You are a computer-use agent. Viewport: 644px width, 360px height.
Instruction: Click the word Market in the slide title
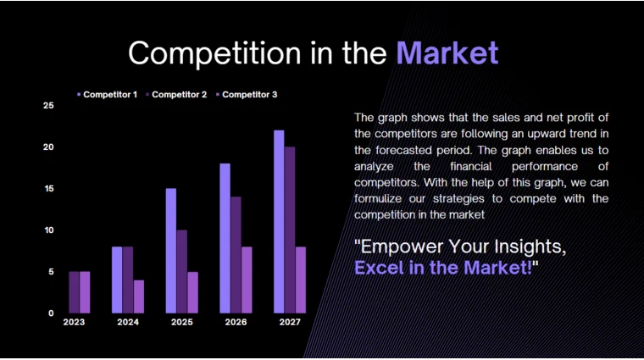click(447, 53)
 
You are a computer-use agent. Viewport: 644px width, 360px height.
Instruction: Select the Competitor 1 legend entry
click(109, 94)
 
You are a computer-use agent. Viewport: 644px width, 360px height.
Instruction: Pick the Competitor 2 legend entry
click(179, 94)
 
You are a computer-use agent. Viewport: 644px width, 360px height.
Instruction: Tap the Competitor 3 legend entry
click(249, 94)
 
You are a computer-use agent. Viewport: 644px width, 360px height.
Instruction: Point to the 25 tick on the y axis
click(48, 106)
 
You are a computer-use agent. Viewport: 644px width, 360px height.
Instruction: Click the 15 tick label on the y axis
click(48, 189)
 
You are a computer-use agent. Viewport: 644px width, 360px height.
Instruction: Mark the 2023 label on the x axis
click(74, 322)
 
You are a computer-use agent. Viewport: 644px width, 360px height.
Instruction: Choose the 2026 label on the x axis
click(236, 322)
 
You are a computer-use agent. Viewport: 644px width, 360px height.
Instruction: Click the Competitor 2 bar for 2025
click(181, 271)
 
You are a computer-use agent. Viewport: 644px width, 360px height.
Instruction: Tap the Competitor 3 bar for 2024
click(139, 296)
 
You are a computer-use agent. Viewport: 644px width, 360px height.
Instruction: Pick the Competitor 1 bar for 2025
click(170, 251)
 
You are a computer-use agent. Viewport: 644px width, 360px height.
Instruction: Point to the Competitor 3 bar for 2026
click(247, 280)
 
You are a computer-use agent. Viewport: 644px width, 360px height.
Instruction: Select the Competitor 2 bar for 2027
click(290, 230)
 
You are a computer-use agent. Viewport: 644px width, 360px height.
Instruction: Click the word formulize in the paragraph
click(381, 199)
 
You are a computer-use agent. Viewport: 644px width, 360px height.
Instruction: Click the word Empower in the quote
click(399, 246)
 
